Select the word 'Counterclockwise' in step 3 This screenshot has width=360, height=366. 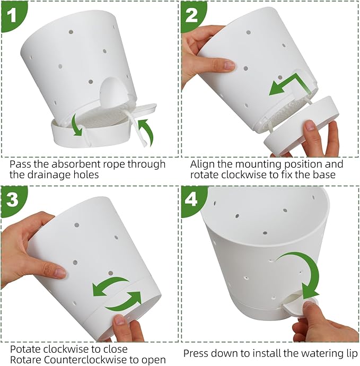[78, 360]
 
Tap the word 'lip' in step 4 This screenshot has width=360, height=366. [352, 354]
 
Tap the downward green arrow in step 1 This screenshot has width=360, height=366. [76, 125]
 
